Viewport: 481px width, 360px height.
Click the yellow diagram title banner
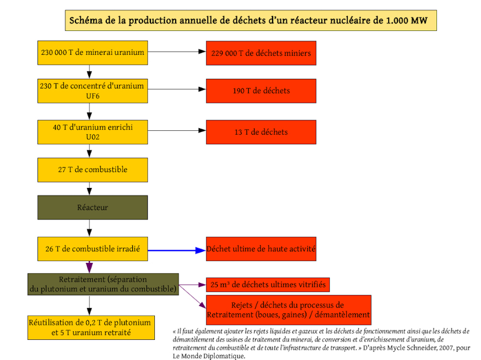click(x=251, y=20)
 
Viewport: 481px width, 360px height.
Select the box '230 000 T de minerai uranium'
click(x=93, y=53)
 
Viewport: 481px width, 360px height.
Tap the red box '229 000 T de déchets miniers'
click(x=261, y=53)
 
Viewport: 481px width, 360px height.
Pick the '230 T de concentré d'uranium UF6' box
click(x=93, y=91)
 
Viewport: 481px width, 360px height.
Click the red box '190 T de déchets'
click(x=261, y=91)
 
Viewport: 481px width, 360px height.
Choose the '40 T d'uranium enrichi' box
click(x=93, y=132)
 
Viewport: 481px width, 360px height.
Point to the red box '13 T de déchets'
click(x=261, y=132)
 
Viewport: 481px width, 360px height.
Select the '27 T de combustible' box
click(x=93, y=170)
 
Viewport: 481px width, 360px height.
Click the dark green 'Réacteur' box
click(x=93, y=208)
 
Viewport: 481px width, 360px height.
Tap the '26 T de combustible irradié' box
click(x=93, y=248)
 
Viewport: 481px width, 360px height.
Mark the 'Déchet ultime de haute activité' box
click(x=261, y=248)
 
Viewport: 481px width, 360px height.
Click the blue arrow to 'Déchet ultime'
click(x=177, y=250)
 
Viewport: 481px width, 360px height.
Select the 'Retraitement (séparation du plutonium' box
click(x=103, y=284)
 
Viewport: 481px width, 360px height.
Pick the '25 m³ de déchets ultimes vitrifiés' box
click(x=268, y=285)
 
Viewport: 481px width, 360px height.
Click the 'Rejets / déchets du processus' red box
click(x=289, y=310)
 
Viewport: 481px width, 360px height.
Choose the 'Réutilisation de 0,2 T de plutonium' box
click(x=91, y=327)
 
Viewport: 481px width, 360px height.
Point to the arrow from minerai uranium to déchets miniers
click(x=177, y=51)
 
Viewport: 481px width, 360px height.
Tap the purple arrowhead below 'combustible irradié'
click(x=89, y=267)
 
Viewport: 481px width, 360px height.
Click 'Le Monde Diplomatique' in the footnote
click(x=209, y=356)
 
